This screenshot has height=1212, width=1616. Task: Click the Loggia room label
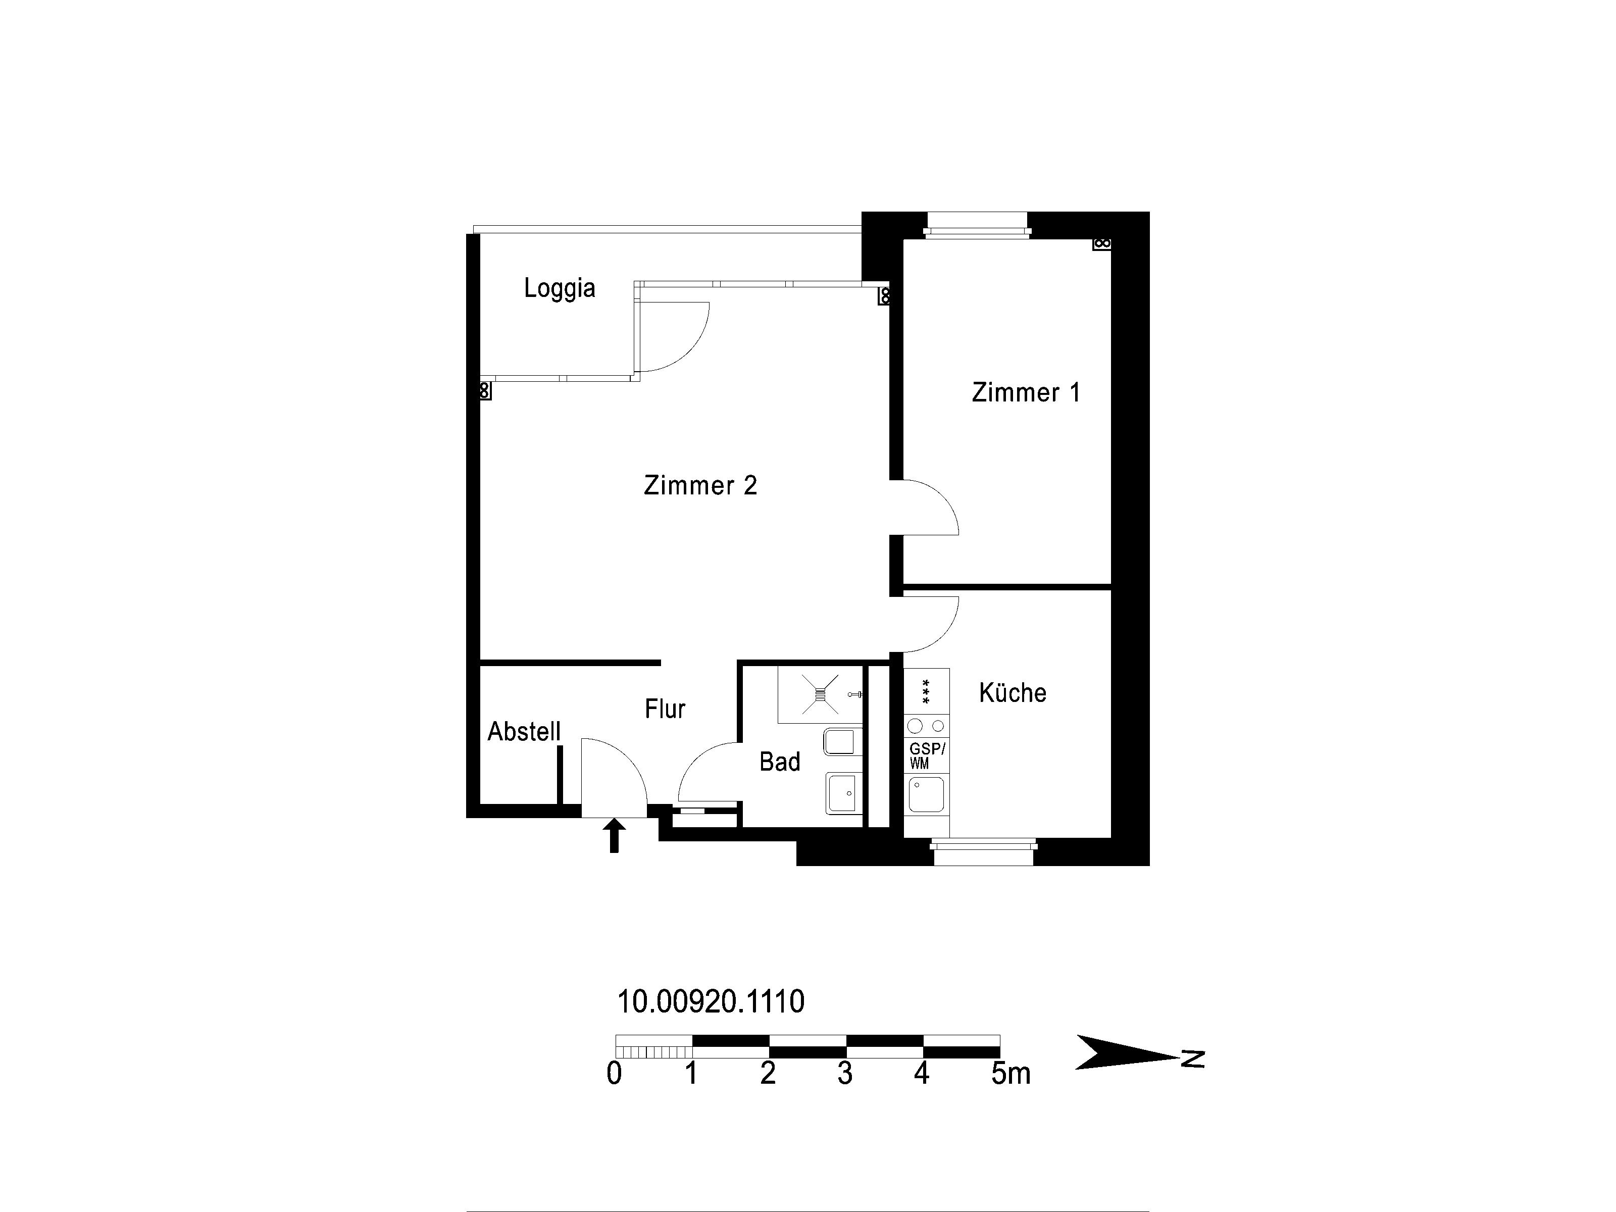pos(560,288)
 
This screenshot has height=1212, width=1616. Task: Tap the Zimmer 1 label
pos(1026,392)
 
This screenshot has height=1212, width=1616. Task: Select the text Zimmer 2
pos(700,485)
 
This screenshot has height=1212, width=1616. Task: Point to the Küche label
pos(1013,692)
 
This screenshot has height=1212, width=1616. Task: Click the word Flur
pos(665,709)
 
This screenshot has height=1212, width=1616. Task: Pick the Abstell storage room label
pos(524,731)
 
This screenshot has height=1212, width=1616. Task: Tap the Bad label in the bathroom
pos(780,762)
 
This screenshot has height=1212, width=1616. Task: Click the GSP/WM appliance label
pos(926,755)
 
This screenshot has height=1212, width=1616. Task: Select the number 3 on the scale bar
pos(844,1073)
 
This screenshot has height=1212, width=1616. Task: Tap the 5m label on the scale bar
pos(1011,1073)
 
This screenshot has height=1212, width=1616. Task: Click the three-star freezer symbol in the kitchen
pos(926,691)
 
